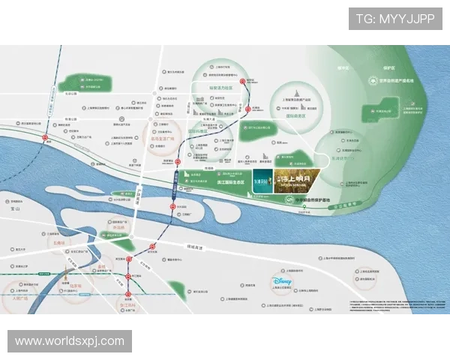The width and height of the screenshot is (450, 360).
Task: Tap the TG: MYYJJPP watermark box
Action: click(395, 18)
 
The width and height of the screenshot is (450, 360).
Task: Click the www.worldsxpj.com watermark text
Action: click(70, 341)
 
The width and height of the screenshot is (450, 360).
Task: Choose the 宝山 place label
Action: click(17, 212)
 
